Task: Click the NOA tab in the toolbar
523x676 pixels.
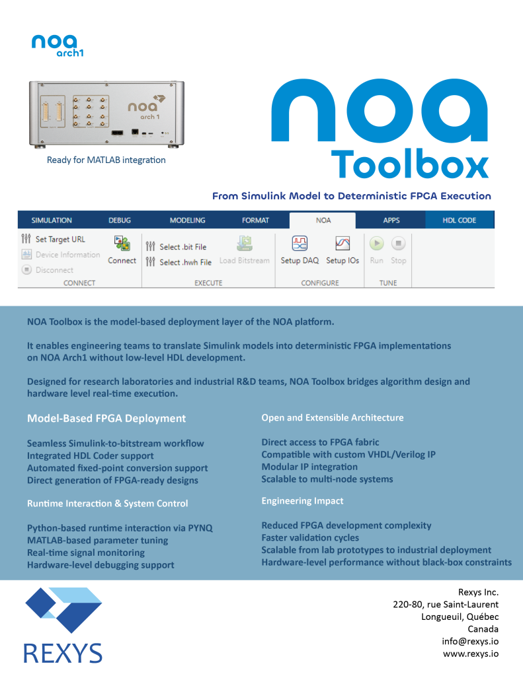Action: [323, 220]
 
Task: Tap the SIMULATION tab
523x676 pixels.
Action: [52, 220]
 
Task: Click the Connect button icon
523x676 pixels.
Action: [122, 244]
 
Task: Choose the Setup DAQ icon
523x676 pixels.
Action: [300, 244]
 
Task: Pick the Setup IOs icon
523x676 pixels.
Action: [342, 244]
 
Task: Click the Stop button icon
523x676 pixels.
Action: [398, 244]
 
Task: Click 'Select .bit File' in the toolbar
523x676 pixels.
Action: [176, 247]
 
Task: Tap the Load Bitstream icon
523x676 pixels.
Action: [245, 244]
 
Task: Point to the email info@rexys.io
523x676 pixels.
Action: [470, 641]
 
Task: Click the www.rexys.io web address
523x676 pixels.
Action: [470, 654]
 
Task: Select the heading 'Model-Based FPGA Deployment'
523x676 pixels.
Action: [106, 419]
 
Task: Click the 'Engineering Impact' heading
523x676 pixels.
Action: [302, 501]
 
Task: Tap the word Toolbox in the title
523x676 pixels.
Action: [410, 164]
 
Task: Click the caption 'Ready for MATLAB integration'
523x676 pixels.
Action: [106, 160]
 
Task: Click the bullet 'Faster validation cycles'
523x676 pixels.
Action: [310, 537]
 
